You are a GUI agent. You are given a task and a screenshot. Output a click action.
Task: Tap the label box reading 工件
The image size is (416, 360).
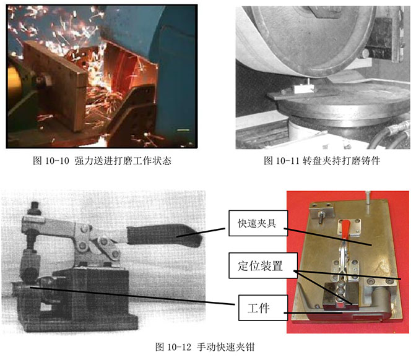[x=263, y=308]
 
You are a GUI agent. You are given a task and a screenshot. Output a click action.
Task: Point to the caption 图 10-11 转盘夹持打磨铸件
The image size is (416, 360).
[x=322, y=161]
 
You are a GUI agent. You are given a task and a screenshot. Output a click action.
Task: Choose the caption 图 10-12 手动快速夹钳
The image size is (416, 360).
[x=205, y=347]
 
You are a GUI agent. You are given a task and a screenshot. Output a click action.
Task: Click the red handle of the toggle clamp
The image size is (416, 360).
[x=345, y=229]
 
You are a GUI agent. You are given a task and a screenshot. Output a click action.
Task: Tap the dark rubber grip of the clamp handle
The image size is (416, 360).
[x=164, y=236]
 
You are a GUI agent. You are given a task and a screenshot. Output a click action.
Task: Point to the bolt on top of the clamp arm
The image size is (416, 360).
[x=35, y=208]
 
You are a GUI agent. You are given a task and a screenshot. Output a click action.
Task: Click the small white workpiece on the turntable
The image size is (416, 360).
[x=303, y=88]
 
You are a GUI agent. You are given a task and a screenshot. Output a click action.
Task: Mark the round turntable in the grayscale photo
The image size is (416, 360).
[x=342, y=103]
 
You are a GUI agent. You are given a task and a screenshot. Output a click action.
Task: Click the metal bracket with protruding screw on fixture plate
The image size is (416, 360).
[x=321, y=211]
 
